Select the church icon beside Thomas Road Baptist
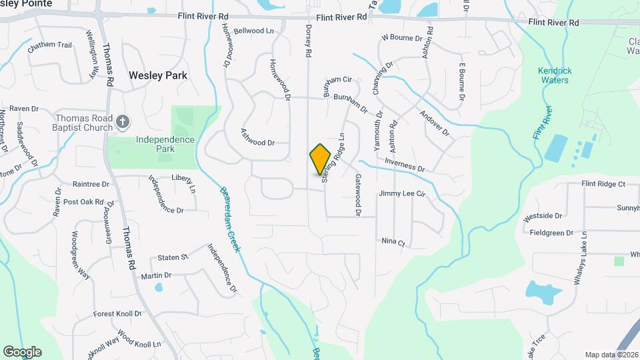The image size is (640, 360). pos(122,121)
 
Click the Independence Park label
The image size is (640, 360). pos(165,144)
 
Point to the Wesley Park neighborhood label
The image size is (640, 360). pos(158,75)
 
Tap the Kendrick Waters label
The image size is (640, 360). pos(554,75)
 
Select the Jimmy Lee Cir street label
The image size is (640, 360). pos(401,194)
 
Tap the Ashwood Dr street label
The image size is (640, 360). pos(257,143)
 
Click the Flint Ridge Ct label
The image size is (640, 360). pos(603,183)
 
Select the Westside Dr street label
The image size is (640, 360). pos(543,217)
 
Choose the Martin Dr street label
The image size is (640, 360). pos(156,275)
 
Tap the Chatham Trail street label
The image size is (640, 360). pos(49,46)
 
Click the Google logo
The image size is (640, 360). pos(22,351)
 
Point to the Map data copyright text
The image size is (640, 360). pos(611,355)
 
